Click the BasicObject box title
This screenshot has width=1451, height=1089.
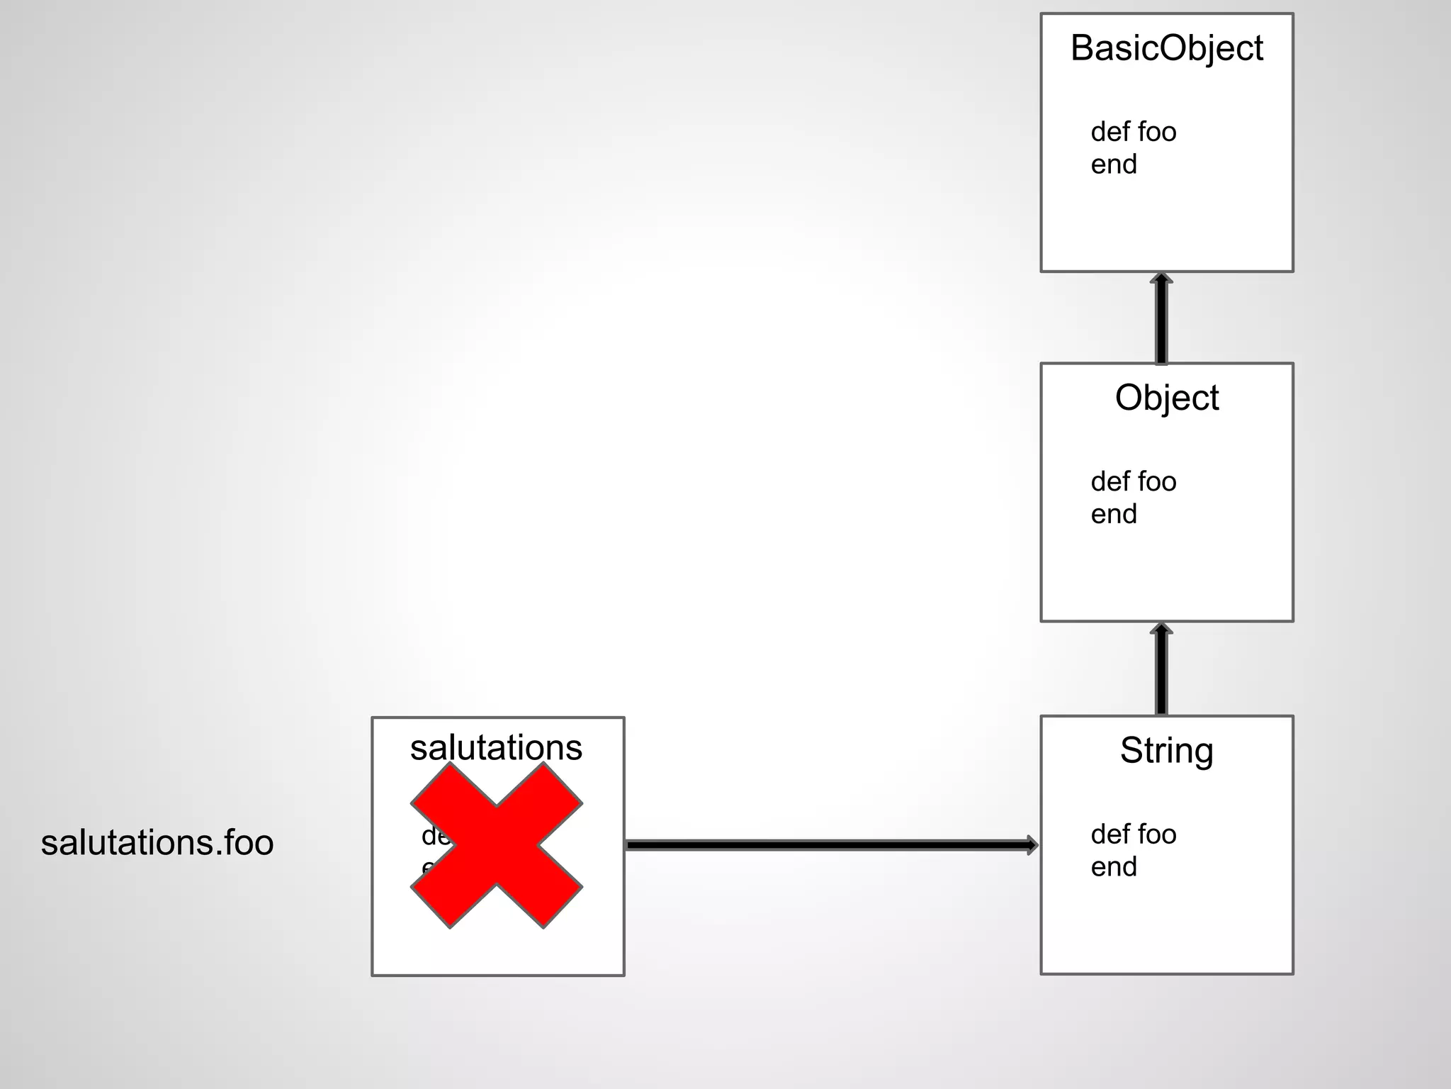click(x=1166, y=49)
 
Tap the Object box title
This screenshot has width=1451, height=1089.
click(x=1166, y=398)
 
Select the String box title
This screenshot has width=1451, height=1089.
click(x=1166, y=751)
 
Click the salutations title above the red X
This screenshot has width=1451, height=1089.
click(x=496, y=748)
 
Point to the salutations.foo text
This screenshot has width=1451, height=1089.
click(x=157, y=843)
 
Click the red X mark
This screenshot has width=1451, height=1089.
click(x=497, y=845)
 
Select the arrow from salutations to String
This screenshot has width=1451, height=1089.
click(x=829, y=845)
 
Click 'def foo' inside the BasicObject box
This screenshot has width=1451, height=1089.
click(x=1133, y=132)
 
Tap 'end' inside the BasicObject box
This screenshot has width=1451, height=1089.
click(x=1114, y=164)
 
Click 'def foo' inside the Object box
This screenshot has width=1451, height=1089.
click(x=1133, y=482)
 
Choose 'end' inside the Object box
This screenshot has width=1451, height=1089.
click(x=1114, y=514)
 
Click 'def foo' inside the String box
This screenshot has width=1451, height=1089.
click(x=1133, y=834)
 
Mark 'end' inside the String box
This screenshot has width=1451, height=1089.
click(x=1114, y=867)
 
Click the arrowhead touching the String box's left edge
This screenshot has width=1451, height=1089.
click(x=1032, y=845)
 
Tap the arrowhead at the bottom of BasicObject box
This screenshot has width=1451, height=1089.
click(x=1161, y=278)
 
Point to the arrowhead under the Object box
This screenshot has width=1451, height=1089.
click(x=1161, y=629)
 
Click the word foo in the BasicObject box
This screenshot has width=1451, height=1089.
click(x=1157, y=132)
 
